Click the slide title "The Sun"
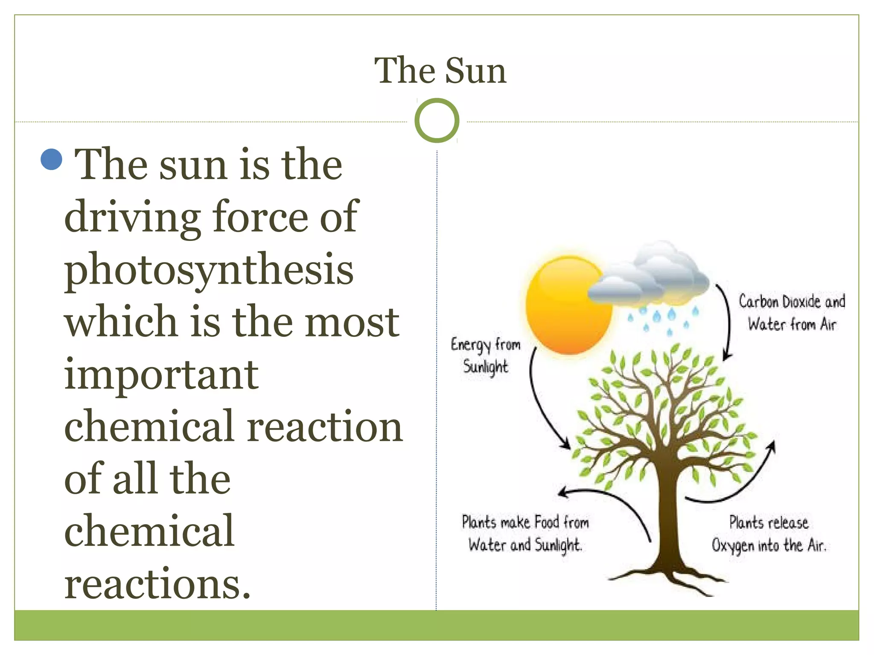[440, 71]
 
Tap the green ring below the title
[437, 121]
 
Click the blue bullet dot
[52, 159]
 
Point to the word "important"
[161, 375]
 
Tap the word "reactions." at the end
[157, 584]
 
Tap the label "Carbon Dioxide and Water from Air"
[792, 313]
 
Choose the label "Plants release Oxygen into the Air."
[769, 534]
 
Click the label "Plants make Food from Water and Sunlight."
[525, 533]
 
